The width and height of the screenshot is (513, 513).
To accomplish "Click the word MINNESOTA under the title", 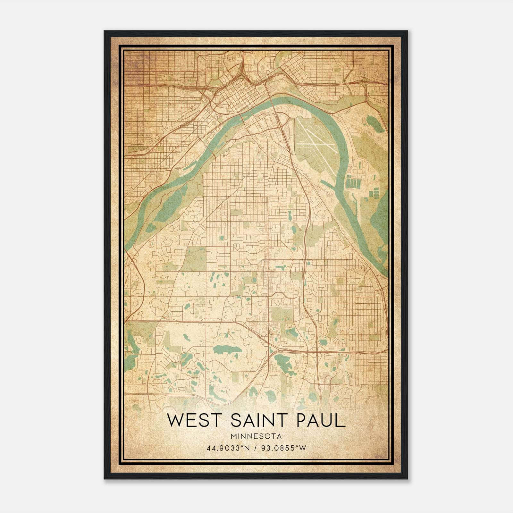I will click(256, 436).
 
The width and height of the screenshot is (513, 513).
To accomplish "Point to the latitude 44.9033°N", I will click(228, 448).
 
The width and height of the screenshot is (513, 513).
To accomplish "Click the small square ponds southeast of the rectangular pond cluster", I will click(374, 194).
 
